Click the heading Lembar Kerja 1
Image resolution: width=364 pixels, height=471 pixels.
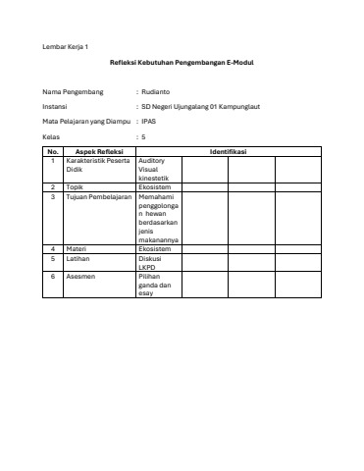64,47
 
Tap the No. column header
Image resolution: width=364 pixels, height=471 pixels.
53,152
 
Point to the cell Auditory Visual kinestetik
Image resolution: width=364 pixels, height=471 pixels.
157,169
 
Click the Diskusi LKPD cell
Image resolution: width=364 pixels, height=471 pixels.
155,262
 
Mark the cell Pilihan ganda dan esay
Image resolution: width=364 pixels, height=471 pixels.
157,286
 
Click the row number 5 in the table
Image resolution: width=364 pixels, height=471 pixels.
53,258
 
